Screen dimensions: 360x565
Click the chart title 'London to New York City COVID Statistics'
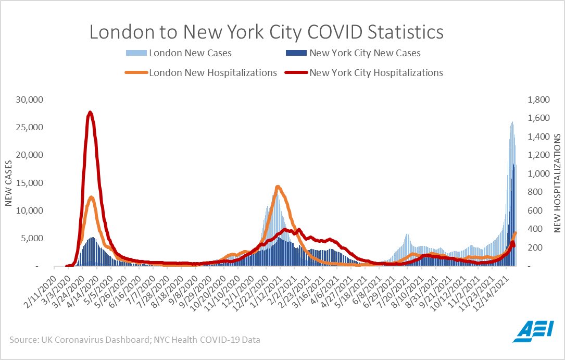pyautogui.click(x=267, y=32)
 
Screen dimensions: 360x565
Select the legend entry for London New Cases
pyautogui.click(x=190, y=53)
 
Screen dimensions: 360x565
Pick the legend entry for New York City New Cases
pyautogui.click(x=365, y=53)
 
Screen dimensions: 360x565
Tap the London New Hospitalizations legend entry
pyautogui.click(x=213, y=73)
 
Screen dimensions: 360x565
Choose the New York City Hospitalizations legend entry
pyautogui.click(x=376, y=73)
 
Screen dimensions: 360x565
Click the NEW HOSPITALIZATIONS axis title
pyautogui.click(x=556, y=182)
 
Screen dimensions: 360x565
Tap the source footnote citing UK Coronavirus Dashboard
pyautogui.click(x=134, y=340)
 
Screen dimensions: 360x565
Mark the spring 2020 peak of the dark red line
pyautogui.click(x=90, y=113)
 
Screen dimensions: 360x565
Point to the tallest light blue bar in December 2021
pyautogui.click(x=512, y=122)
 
